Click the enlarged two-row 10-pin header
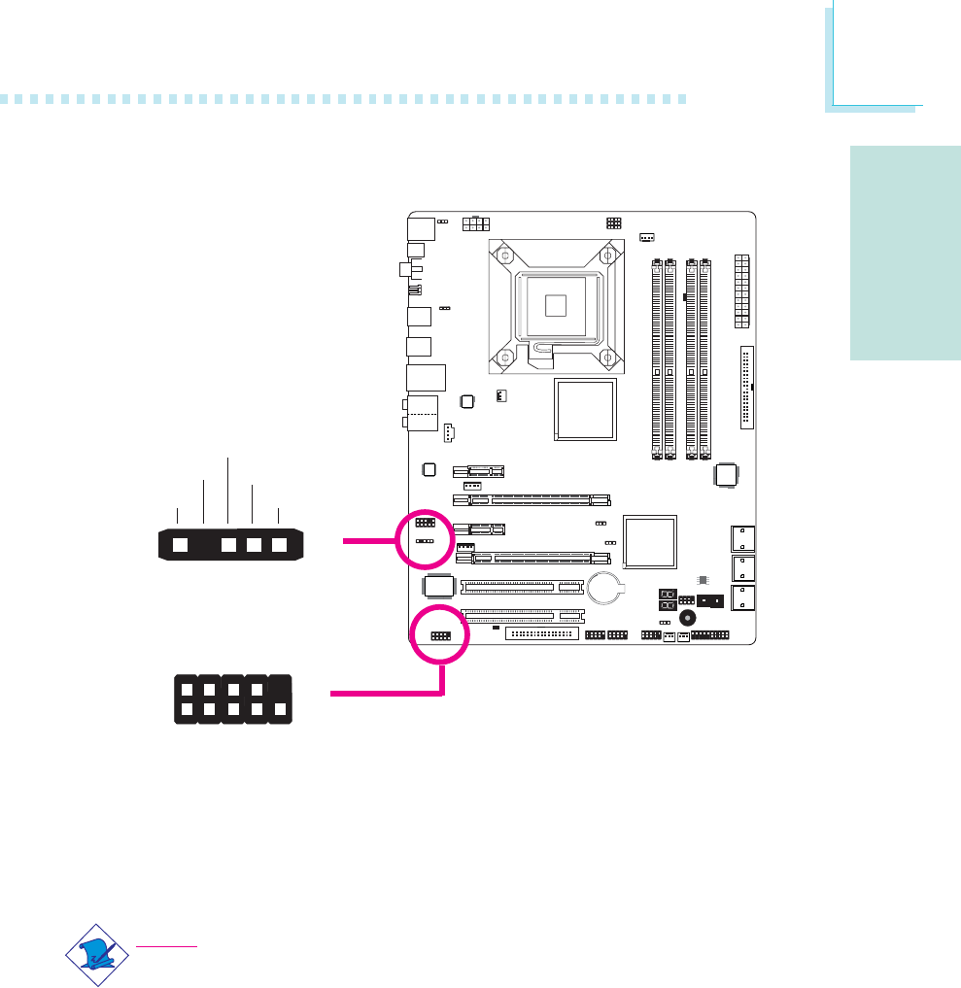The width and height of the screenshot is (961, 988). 233,698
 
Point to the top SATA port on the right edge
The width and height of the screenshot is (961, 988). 740,537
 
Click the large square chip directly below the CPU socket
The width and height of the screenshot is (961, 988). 585,410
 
